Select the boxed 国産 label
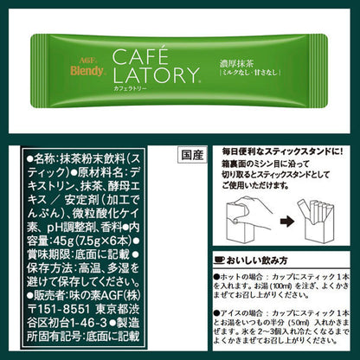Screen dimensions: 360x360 tap(194, 157)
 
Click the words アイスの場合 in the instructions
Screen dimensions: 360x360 tap(239, 307)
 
